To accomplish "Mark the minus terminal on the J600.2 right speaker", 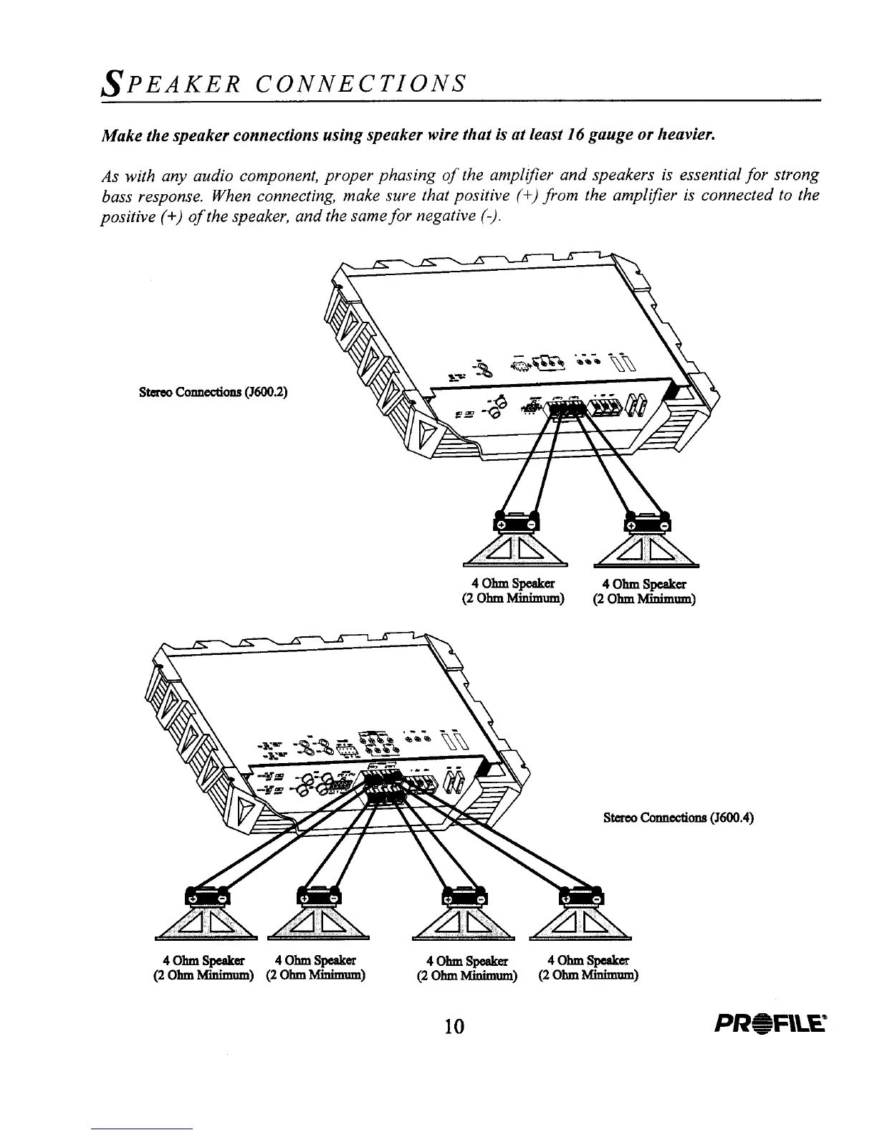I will click(x=663, y=525).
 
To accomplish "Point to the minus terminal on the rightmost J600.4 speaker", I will click(x=598, y=898).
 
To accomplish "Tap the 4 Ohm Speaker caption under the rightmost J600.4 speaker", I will click(x=588, y=960).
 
